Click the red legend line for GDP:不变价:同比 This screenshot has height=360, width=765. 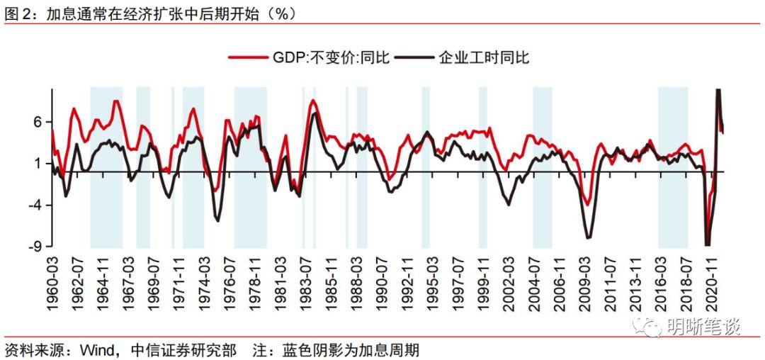(249, 57)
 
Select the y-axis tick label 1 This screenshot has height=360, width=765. (41, 164)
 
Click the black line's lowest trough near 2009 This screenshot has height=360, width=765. (588, 237)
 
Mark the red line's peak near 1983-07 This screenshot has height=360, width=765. (313, 101)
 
